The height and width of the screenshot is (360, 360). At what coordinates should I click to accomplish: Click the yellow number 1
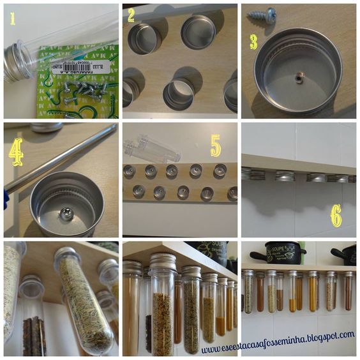coord(11,19)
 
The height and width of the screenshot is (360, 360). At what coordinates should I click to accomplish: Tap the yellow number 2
coord(131,15)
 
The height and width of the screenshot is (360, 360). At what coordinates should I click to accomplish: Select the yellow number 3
coord(253,42)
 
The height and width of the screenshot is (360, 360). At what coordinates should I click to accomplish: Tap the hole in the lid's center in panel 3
coord(299,79)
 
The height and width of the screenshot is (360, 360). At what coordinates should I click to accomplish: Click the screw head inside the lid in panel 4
coord(66,214)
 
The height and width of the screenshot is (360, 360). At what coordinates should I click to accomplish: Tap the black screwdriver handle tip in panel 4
coord(6,199)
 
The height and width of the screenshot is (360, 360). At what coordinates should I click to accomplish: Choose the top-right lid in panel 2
coord(199,32)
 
